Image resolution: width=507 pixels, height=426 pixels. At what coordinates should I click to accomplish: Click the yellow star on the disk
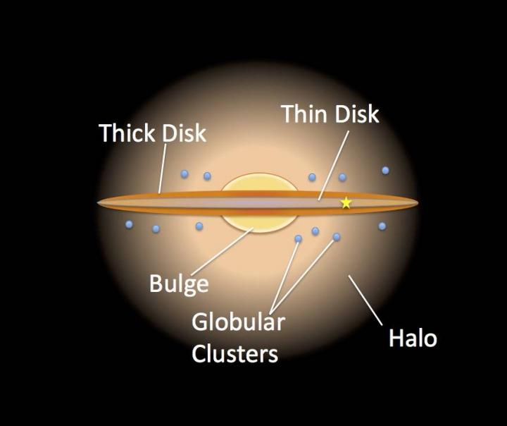pyautogui.click(x=346, y=203)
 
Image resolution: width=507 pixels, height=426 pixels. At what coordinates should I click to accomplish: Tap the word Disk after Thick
pyautogui.click(x=184, y=133)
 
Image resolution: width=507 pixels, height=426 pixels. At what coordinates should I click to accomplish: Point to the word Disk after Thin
pyautogui.click(x=356, y=114)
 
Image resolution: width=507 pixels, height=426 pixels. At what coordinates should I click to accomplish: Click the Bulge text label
pyautogui.click(x=179, y=284)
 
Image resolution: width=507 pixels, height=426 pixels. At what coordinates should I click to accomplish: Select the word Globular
pyautogui.click(x=238, y=322)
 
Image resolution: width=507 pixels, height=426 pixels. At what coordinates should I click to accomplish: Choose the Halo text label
pyautogui.click(x=413, y=338)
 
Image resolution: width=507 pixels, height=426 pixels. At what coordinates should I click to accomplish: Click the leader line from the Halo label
pyautogui.click(x=365, y=300)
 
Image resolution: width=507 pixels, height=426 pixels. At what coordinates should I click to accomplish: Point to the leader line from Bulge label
pyautogui.click(x=224, y=252)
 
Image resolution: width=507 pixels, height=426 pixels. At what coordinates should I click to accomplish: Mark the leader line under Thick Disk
pyautogui.click(x=163, y=169)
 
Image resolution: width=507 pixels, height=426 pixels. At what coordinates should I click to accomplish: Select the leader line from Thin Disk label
pyautogui.click(x=333, y=166)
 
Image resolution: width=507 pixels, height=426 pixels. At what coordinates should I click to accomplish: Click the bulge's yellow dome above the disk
pyautogui.click(x=258, y=183)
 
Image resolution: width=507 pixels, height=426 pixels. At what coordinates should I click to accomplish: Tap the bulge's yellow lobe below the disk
pyautogui.click(x=258, y=223)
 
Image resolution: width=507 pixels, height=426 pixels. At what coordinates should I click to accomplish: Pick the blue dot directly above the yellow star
pyautogui.click(x=342, y=177)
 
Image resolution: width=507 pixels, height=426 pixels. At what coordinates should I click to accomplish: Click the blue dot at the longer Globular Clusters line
pyautogui.click(x=337, y=237)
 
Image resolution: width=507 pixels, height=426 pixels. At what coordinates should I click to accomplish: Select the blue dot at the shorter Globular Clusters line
pyautogui.click(x=298, y=239)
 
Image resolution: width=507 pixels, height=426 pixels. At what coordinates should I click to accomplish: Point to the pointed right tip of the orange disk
pyautogui.click(x=418, y=203)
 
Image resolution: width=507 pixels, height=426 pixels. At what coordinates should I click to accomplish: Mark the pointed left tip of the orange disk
pyautogui.click(x=97, y=203)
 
